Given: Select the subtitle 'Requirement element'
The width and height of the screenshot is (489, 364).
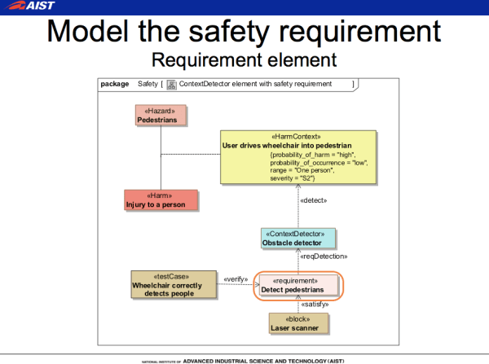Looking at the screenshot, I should coord(244,60).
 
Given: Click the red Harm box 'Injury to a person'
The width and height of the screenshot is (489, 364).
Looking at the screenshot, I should coord(161,200).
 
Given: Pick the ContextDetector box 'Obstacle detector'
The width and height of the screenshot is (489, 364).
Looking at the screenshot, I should coord(297,238).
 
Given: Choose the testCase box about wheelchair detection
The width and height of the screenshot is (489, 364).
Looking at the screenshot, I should coord(174,284).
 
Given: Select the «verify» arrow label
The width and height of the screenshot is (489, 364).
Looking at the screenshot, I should coord(236,278).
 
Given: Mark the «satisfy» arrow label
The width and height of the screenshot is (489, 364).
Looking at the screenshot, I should coord(315,305).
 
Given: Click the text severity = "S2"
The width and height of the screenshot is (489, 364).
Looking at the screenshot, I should coord(293,178).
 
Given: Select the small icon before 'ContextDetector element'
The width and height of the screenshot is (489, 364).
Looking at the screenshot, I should coord(171,83).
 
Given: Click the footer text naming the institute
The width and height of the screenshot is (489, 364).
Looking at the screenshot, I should coord(244,359).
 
